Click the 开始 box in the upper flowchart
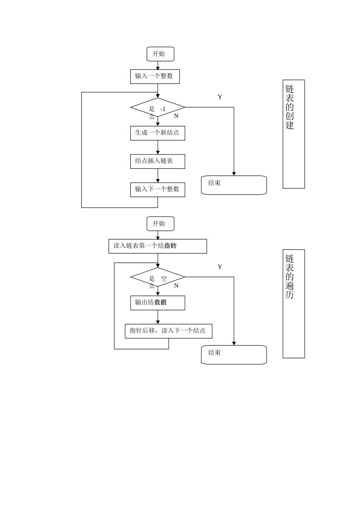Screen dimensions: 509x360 click(160, 54)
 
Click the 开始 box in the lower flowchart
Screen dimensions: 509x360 click(160, 224)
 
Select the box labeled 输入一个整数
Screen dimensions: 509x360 click(155, 77)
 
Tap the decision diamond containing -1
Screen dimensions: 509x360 click(158, 108)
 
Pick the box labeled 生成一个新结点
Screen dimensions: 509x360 click(158, 133)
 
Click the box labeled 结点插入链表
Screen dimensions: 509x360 click(158, 161)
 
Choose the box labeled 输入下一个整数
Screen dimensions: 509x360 click(158, 189)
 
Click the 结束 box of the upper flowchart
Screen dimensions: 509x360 click(234, 185)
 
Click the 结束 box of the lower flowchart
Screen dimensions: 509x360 click(234, 355)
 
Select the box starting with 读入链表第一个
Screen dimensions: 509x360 click(158, 246)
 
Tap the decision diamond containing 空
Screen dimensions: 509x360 click(158, 277)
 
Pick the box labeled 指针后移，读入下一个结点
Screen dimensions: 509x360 click(168, 331)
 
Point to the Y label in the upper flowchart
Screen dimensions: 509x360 click(220, 97)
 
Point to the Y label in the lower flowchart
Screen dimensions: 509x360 click(220, 267)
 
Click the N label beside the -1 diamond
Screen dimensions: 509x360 click(176, 116)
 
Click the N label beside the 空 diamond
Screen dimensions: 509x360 click(176, 286)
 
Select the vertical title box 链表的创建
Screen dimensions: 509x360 click(294, 134)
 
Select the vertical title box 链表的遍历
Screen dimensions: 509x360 click(294, 304)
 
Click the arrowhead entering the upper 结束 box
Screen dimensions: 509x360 click(234, 173)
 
